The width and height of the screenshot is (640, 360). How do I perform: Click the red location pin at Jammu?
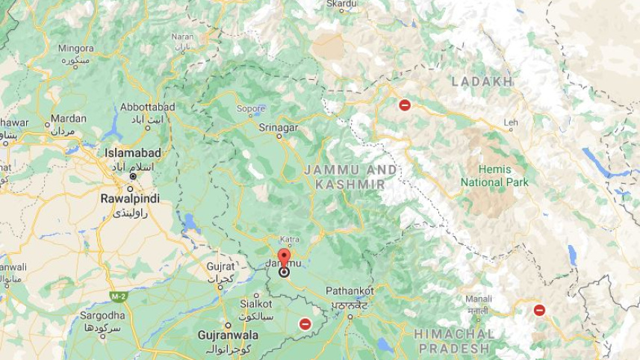(x=284, y=258)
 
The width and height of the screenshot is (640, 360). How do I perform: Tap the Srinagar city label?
(x=278, y=127)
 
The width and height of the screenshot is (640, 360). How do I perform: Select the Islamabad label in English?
(x=132, y=152)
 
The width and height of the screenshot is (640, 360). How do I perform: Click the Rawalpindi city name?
(x=130, y=199)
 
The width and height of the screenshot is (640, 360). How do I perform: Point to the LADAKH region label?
(x=482, y=81)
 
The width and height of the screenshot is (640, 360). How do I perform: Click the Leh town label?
(x=511, y=122)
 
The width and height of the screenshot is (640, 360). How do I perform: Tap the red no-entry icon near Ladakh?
(x=404, y=105)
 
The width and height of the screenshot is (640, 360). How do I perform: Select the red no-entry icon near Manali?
(x=539, y=310)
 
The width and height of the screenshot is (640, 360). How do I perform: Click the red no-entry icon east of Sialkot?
(x=305, y=323)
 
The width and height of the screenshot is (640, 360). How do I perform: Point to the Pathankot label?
(x=349, y=291)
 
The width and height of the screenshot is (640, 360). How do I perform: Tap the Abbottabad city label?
(x=147, y=108)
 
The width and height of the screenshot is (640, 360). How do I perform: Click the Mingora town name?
(x=76, y=49)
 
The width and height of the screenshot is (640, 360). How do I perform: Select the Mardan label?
(x=69, y=119)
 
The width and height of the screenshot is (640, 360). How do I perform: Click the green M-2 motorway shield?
(x=118, y=297)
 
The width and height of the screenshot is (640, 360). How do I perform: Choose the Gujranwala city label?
(x=228, y=335)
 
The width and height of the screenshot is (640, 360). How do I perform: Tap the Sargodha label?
(x=103, y=316)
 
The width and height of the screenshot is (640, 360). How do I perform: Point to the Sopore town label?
(x=251, y=108)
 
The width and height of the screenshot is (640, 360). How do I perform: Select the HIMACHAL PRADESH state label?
(x=454, y=341)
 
